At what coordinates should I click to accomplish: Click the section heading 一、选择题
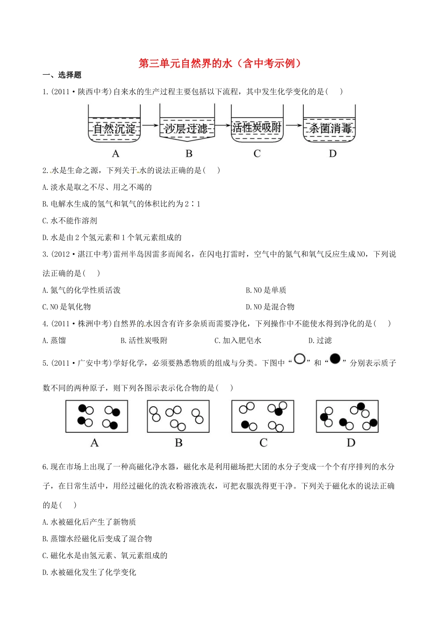pyautogui.click(x=62, y=75)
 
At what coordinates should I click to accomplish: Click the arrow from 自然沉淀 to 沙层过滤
pyautogui.click(x=150, y=125)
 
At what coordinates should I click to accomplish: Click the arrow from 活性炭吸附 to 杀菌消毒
pyautogui.click(x=293, y=125)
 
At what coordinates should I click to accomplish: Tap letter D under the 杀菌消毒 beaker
pyautogui.click(x=332, y=153)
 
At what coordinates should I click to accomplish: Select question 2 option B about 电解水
pyautogui.click(x=121, y=204)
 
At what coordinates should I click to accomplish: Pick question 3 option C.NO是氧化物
pyautogui.click(x=66, y=307)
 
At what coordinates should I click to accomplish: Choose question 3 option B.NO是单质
pyautogui.click(x=266, y=290)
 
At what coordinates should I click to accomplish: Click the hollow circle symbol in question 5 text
pyautogui.click(x=300, y=359)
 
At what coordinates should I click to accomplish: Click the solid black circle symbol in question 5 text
pyautogui.click(x=335, y=359)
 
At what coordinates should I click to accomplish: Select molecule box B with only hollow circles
pyautogui.click(x=178, y=416)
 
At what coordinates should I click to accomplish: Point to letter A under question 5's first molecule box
pyautogui.click(x=94, y=443)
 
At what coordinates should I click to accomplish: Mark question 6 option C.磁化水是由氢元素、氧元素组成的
pyautogui.click(x=105, y=556)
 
